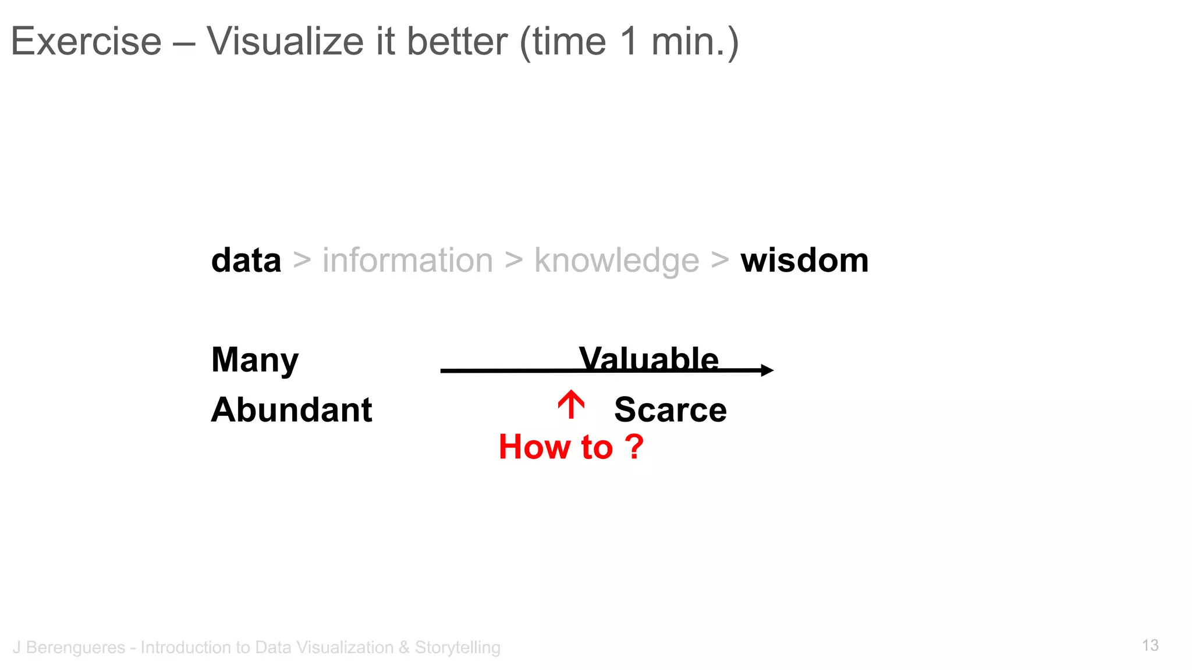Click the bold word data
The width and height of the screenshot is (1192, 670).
(x=246, y=260)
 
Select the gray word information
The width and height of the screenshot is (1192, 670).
(x=407, y=260)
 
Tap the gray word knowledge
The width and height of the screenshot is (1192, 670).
(x=616, y=261)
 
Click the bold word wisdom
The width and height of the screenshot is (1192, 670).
(x=804, y=260)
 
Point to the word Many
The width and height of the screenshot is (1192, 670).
(x=255, y=360)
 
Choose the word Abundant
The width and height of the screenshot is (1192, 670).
(x=292, y=409)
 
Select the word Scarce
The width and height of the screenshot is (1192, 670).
(x=670, y=409)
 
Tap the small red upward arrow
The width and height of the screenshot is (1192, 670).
(x=571, y=404)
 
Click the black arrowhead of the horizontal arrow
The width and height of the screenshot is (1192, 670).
(x=768, y=370)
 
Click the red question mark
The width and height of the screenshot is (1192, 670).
(x=634, y=447)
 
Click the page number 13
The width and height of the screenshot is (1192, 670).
(x=1150, y=645)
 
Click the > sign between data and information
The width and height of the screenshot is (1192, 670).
(x=301, y=260)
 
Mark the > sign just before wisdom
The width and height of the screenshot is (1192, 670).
(x=720, y=260)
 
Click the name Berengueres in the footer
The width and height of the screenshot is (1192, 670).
(x=76, y=647)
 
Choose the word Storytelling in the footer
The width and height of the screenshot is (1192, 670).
(x=457, y=647)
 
